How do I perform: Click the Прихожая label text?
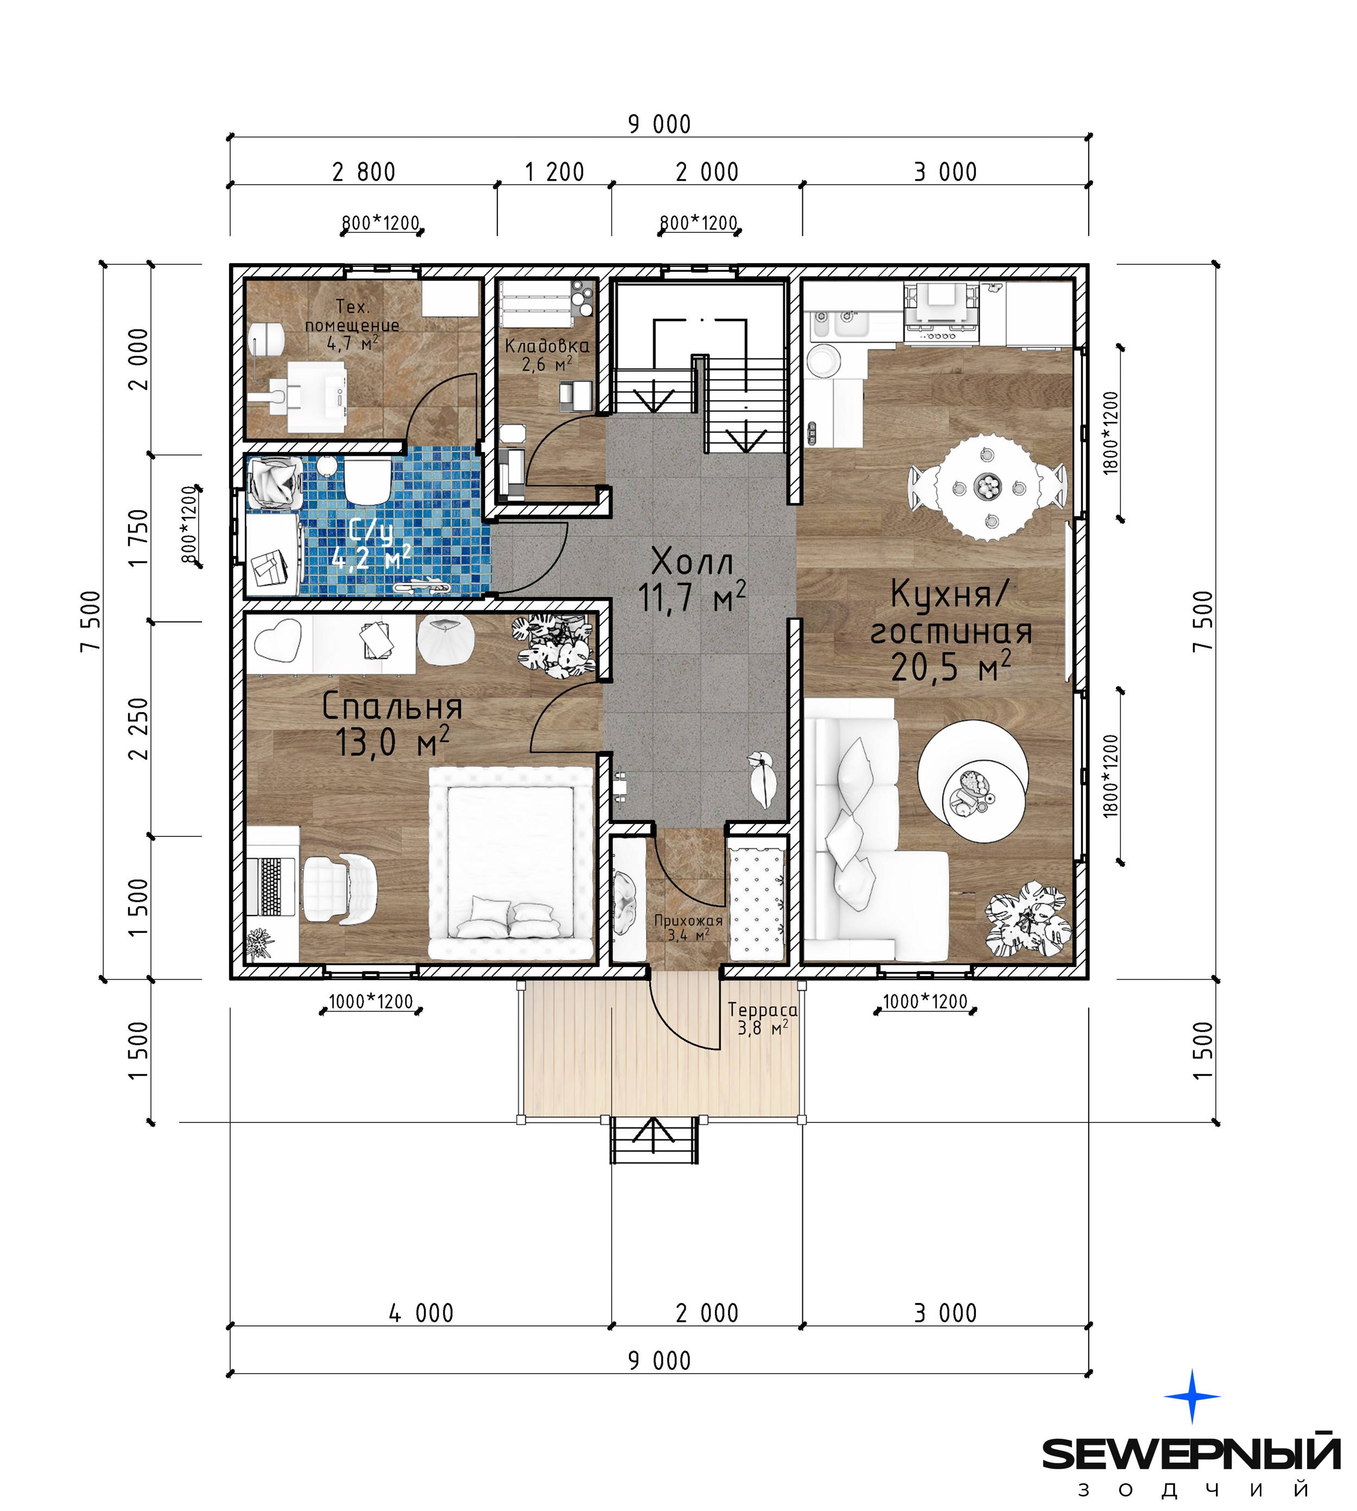[688, 920]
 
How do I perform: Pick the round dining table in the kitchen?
[988, 487]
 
